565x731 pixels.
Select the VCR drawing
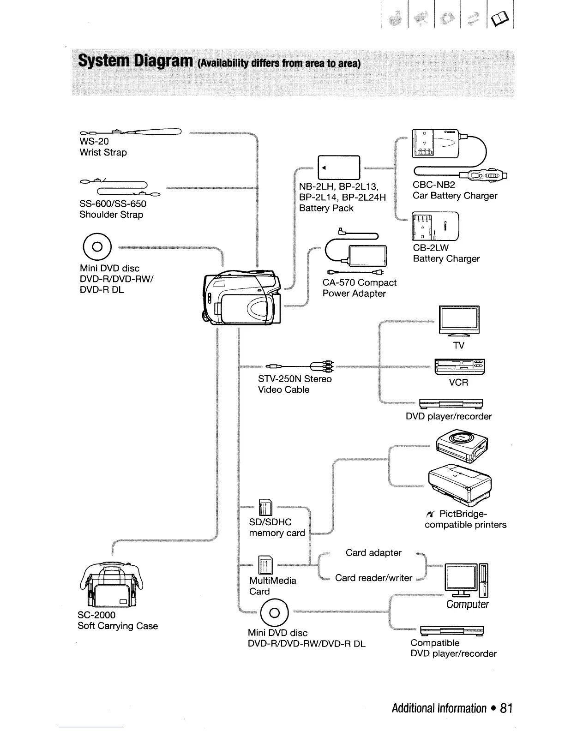[458, 367]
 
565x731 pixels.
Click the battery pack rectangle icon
[339, 168]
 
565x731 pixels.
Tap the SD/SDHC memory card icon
[266, 508]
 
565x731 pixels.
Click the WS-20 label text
[94, 142]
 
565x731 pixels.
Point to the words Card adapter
[373, 553]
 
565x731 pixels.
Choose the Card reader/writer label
[373, 578]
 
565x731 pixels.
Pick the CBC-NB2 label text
[433, 185]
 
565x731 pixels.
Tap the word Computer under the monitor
[467, 605]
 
